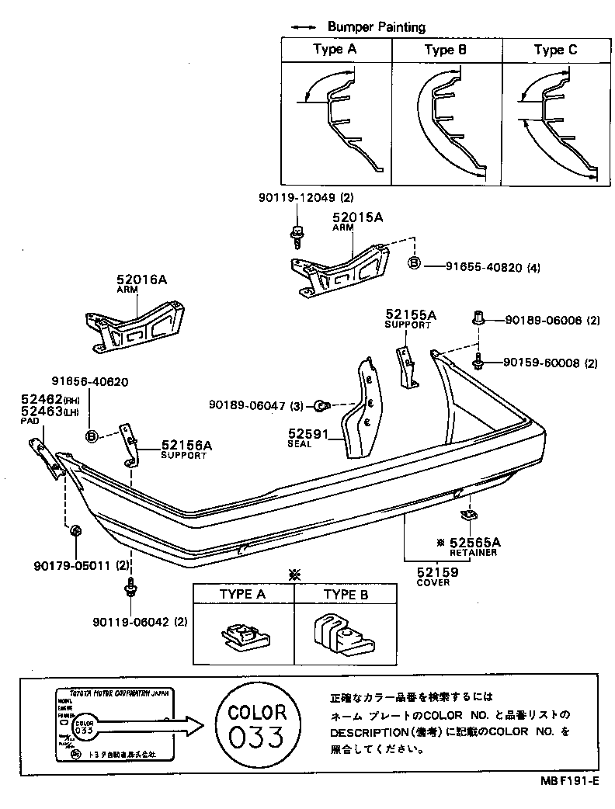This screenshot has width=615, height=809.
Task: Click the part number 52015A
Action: tap(357, 218)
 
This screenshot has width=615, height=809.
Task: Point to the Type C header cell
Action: tap(555, 50)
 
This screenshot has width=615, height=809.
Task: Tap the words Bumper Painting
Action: tap(376, 26)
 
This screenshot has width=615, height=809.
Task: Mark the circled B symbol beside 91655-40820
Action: tap(414, 264)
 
